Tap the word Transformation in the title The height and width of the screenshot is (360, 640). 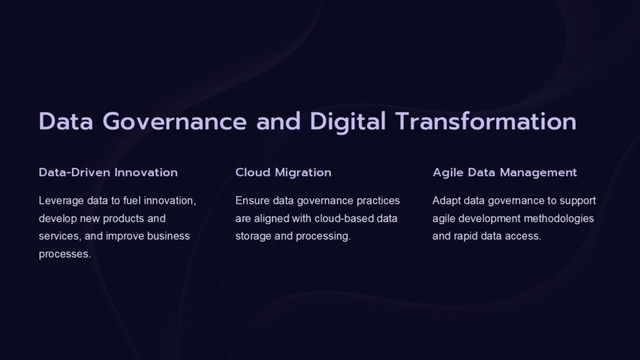click(x=485, y=121)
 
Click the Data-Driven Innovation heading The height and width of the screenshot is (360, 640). click(x=108, y=172)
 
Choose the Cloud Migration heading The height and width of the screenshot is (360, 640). click(x=283, y=172)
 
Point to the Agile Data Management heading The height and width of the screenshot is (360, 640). click(x=504, y=172)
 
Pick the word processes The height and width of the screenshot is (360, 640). click(x=64, y=255)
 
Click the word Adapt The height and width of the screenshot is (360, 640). click(x=446, y=201)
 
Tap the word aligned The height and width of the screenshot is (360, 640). click(x=271, y=219)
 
